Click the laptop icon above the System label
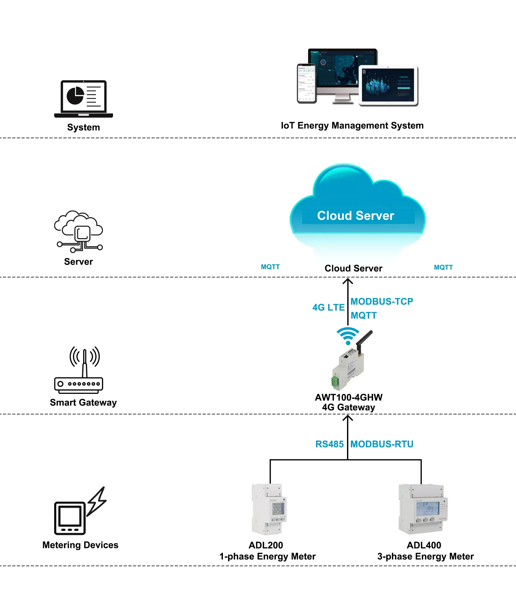click(x=84, y=99)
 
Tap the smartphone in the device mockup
click(x=307, y=83)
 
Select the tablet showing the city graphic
click(x=388, y=85)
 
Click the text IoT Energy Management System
click(x=352, y=126)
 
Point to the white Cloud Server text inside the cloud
click(x=355, y=216)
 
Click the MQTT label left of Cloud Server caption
click(x=270, y=267)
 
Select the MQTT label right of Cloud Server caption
click(x=443, y=267)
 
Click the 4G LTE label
click(x=328, y=307)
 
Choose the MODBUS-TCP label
click(x=382, y=302)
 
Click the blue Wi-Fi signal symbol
click(x=348, y=335)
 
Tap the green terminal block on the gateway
click(x=335, y=382)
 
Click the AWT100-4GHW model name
click(x=348, y=397)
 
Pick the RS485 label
click(x=329, y=444)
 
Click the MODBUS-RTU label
click(x=382, y=444)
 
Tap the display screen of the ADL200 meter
click(x=278, y=508)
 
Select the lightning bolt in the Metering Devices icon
click(x=97, y=501)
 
